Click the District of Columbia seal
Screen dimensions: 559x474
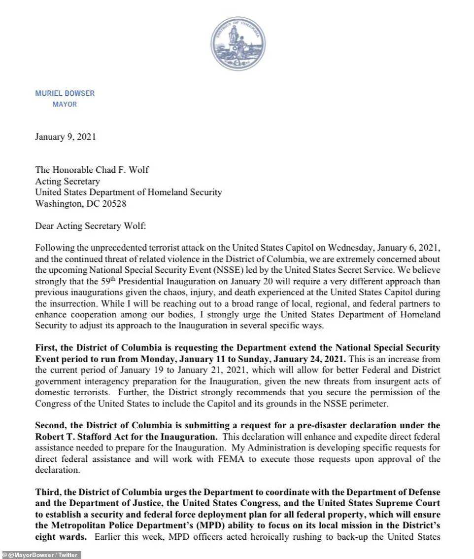pyautogui.click(x=238, y=44)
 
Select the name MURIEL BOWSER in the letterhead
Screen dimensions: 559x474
pyautogui.click(x=65, y=93)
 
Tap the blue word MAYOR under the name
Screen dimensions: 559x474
pyautogui.click(x=65, y=105)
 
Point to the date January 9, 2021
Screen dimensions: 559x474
pyautogui.click(x=65, y=137)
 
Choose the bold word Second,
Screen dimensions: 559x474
pyautogui.click(x=52, y=426)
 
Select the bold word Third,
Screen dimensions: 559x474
pyautogui.click(x=48, y=492)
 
